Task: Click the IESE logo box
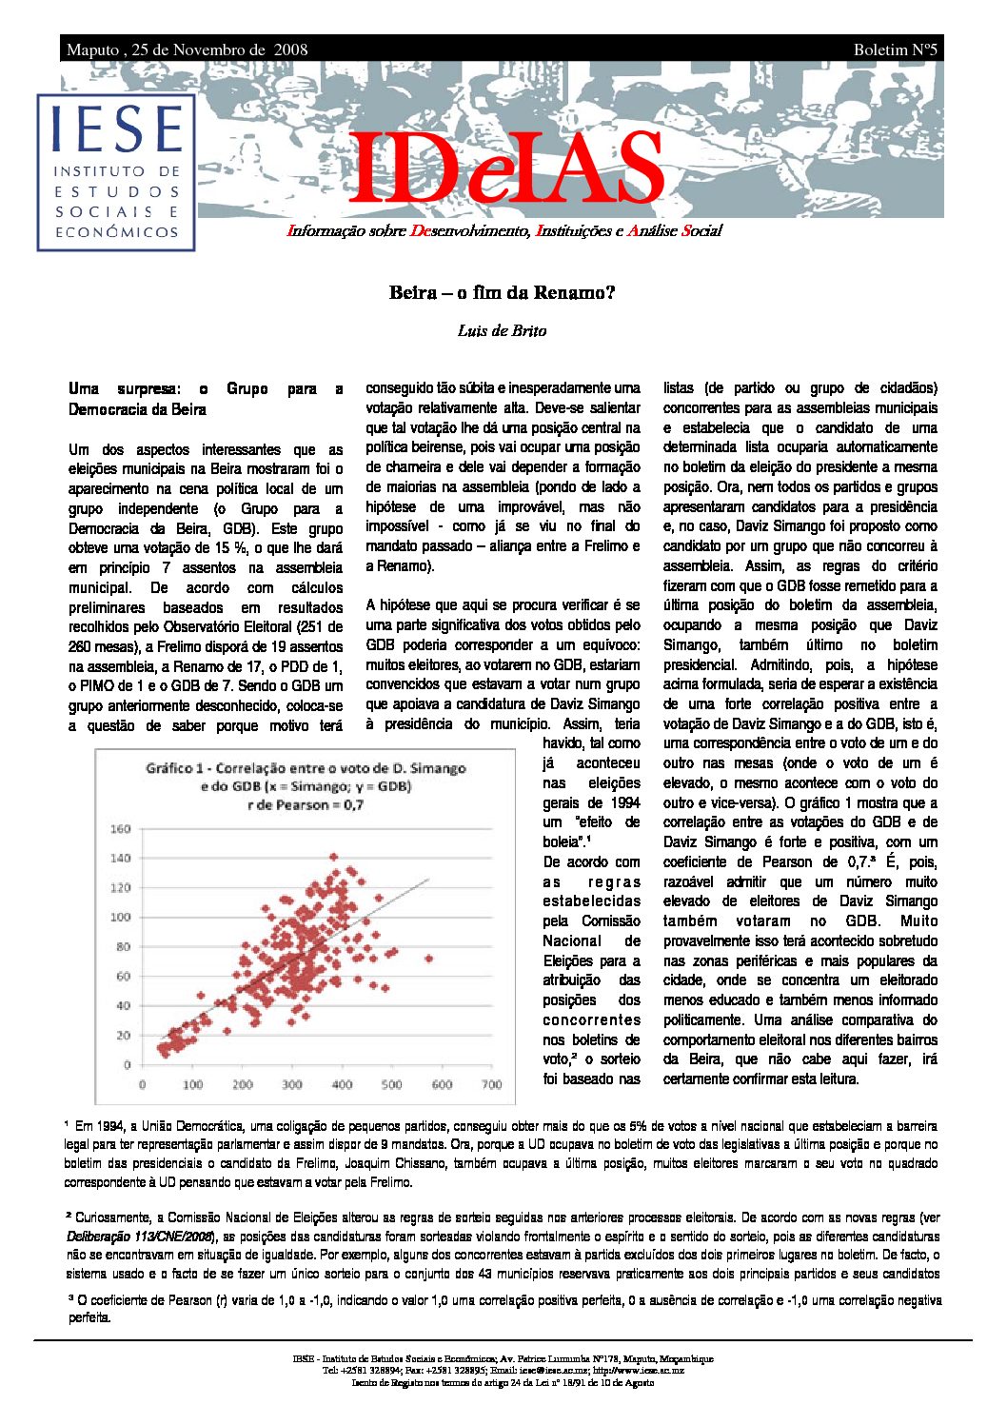(x=116, y=172)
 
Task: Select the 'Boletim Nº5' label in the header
(x=895, y=49)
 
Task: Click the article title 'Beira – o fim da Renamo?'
(x=502, y=292)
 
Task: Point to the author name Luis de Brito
(x=502, y=330)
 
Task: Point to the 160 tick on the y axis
(x=121, y=828)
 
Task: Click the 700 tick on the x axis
(x=491, y=1084)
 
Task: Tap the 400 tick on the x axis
(x=342, y=1084)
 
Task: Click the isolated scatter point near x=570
(x=428, y=959)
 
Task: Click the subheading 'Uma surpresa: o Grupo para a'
(x=205, y=388)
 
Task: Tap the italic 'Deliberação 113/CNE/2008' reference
(x=138, y=1237)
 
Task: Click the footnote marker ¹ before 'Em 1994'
(x=67, y=1124)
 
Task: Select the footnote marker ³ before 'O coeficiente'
(x=69, y=1297)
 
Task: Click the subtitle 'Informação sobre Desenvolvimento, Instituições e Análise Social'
(x=504, y=230)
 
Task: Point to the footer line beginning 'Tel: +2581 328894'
(x=503, y=1370)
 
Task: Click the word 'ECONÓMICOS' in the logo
(x=116, y=232)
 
